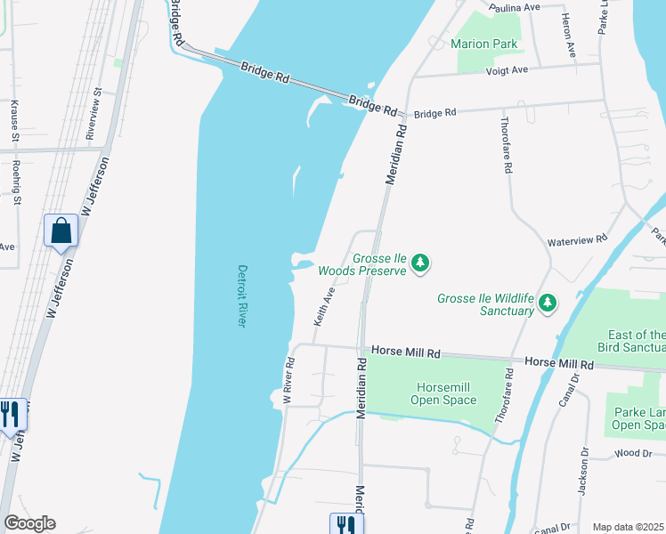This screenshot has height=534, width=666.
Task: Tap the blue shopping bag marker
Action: (x=61, y=231)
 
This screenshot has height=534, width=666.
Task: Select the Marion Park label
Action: (x=483, y=43)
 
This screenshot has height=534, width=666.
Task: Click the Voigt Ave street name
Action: (x=507, y=69)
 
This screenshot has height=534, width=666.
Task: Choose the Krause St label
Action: (x=15, y=121)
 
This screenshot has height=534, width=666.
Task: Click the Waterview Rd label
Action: (x=576, y=239)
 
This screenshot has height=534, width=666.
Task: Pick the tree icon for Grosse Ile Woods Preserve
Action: (x=420, y=263)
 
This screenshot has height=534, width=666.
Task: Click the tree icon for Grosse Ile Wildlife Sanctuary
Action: (x=547, y=304)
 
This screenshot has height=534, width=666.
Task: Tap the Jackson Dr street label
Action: (x=584, y=472)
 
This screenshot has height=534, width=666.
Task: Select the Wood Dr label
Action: (x=633, y=454)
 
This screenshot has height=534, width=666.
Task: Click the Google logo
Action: (x=29, y=523)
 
